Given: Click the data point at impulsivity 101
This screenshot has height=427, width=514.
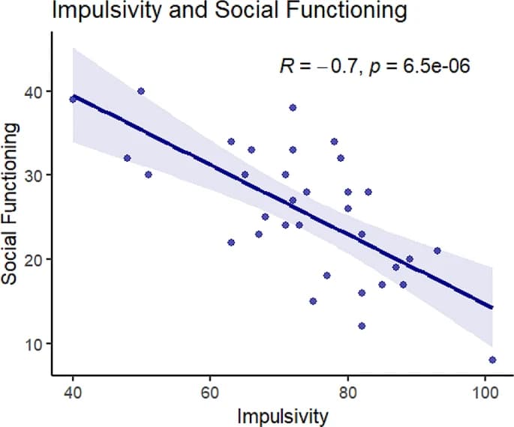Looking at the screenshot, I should (492, 360).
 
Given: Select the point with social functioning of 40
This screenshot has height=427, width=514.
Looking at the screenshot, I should (141, 91).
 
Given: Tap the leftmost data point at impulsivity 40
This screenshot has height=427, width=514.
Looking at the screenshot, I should (73, 99).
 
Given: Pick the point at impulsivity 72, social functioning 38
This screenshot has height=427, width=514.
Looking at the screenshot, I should (293, 107).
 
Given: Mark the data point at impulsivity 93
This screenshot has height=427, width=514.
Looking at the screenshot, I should (437, 250).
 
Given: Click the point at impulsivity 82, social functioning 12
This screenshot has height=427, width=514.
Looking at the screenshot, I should (362, 326).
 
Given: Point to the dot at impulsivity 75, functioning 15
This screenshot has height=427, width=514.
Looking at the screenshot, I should (313, 300).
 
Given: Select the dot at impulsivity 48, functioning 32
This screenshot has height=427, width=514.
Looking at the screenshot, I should (128, 158).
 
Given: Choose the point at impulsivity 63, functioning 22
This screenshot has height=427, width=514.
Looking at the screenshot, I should (231, 242).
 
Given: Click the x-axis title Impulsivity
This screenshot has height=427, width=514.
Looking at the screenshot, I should (282, 414).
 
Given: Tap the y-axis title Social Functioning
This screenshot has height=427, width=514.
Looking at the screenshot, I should (10, 204).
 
